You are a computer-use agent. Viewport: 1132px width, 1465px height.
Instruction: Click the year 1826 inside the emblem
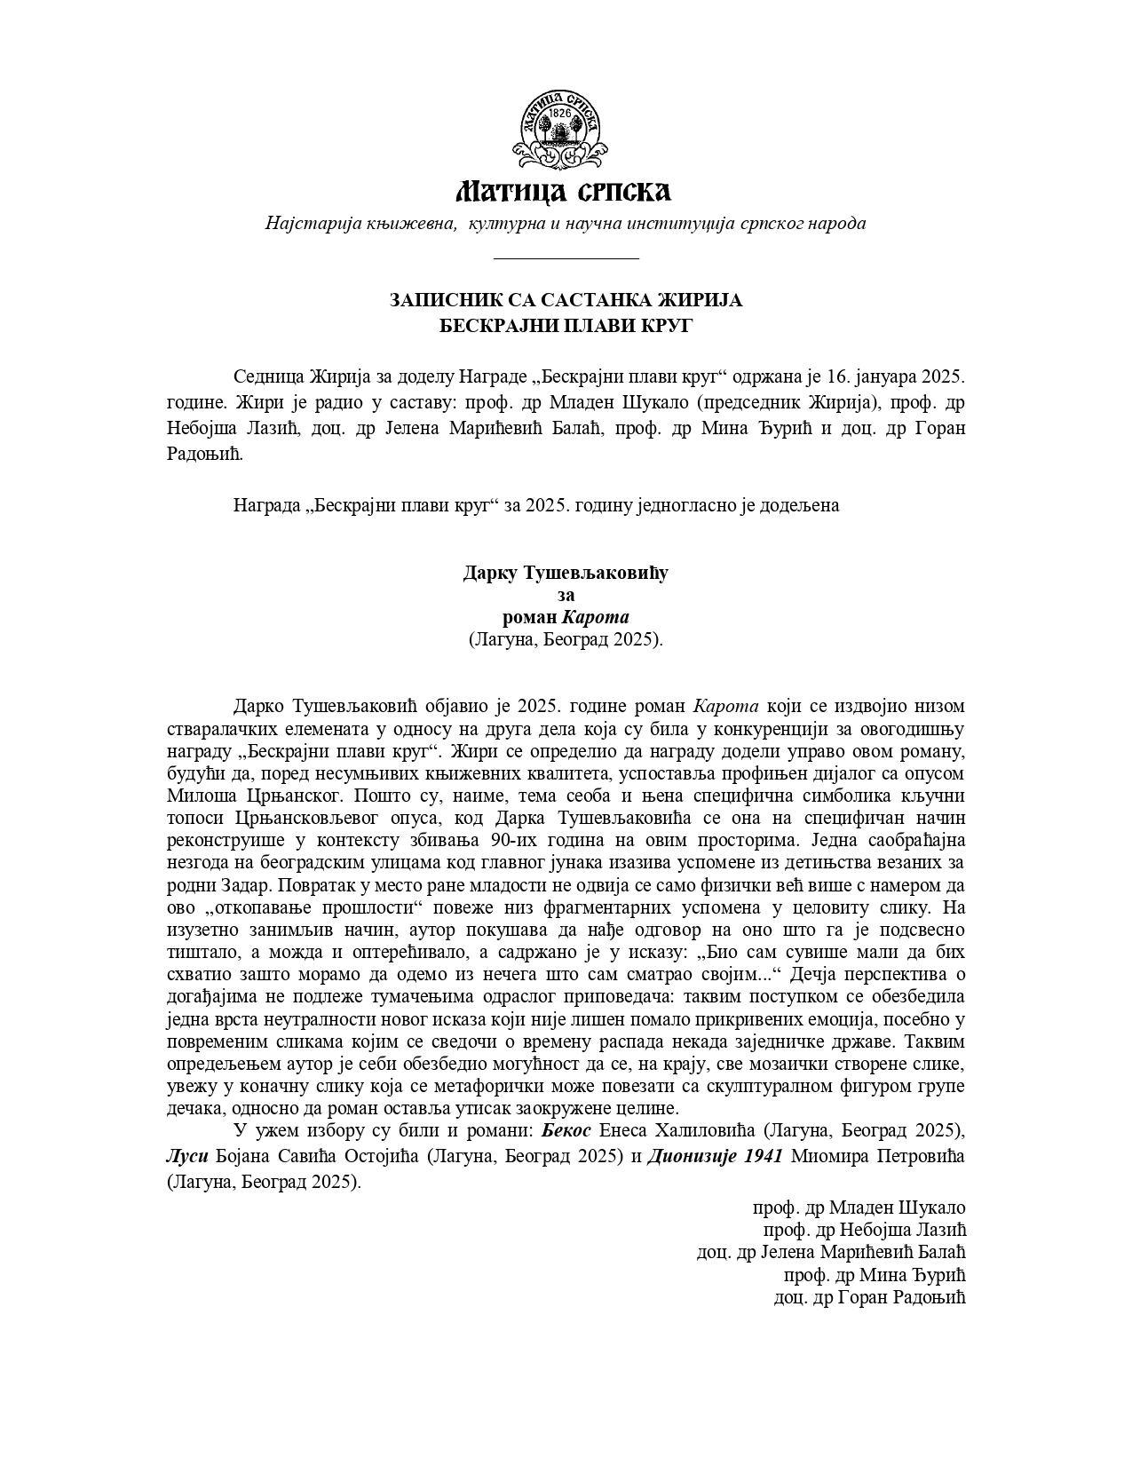[560, 114]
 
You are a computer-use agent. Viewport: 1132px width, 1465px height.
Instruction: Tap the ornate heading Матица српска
[564, 191]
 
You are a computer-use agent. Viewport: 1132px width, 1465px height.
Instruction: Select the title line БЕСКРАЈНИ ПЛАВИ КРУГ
[566, 326]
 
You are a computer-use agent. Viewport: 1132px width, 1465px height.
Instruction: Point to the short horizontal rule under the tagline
[566, 258]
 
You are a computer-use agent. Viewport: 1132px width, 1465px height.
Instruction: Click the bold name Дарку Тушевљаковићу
[566, 573]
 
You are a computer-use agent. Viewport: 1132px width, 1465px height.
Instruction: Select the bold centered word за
[566, 595]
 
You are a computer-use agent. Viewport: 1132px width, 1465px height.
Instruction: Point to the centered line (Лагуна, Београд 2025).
[566, 639]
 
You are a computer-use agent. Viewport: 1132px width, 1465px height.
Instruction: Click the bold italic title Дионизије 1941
[716, 1157]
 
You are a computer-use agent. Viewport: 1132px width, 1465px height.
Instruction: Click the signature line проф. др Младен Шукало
[859, 1208]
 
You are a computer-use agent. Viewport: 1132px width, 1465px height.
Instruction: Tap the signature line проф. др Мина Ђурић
[875, 1275]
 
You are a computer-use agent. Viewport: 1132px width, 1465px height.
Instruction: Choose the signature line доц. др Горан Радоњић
[869, 1297]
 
